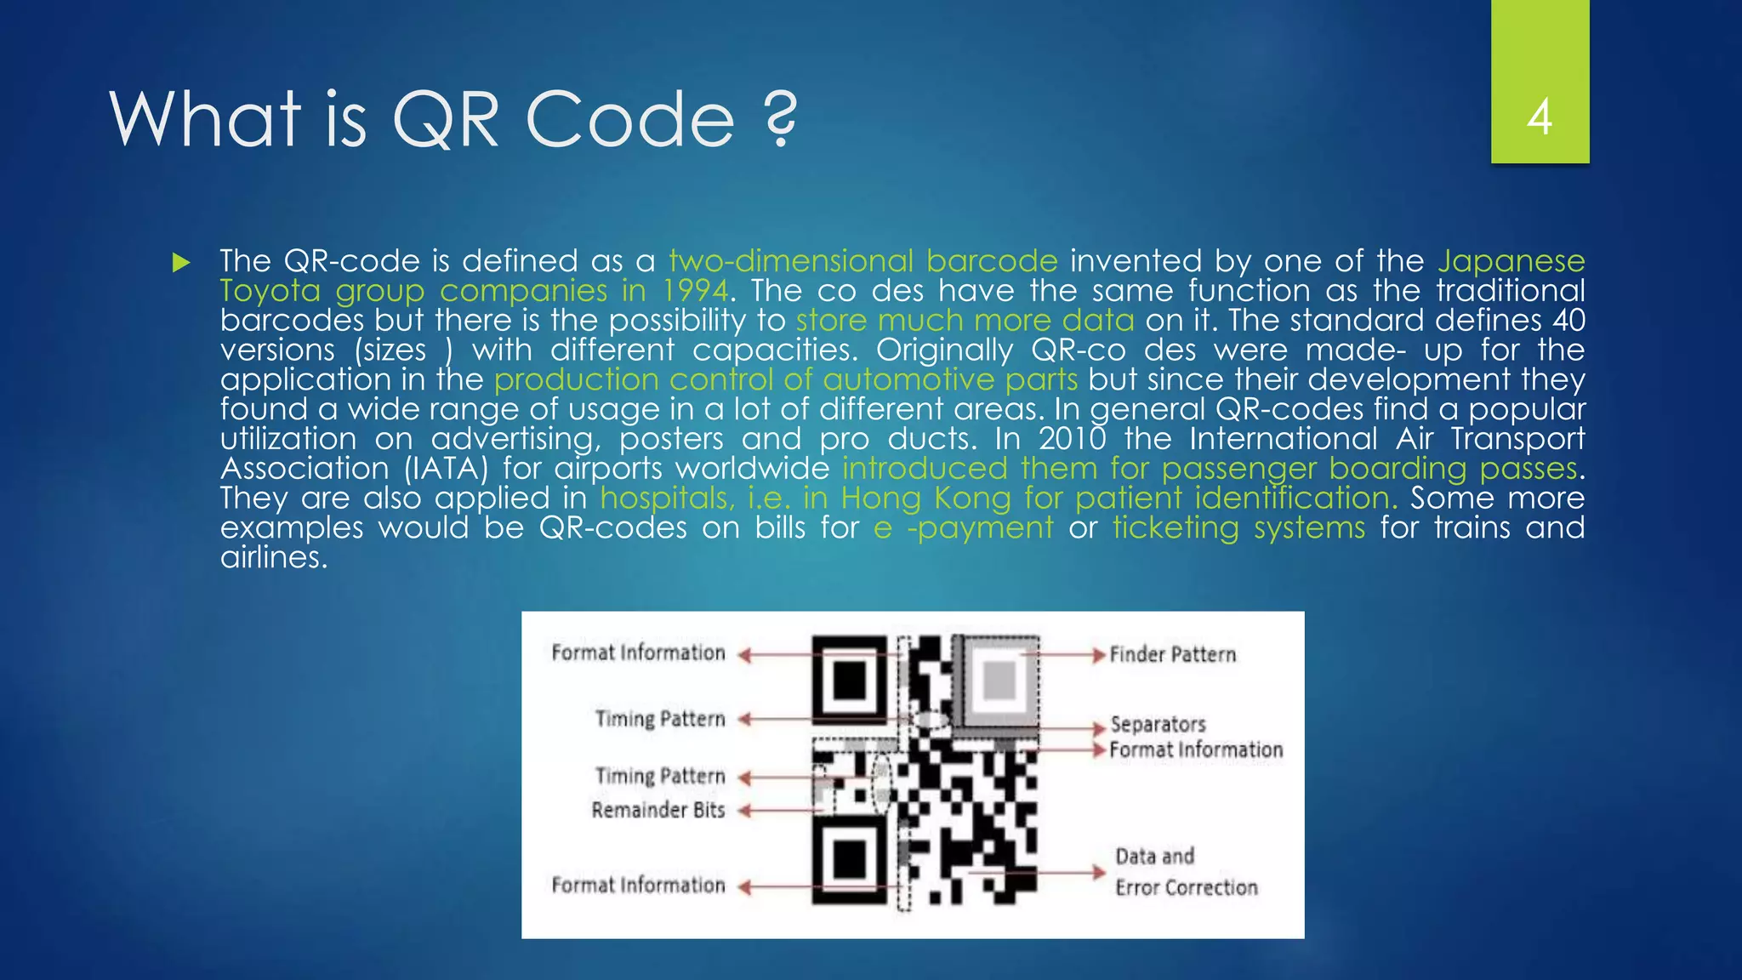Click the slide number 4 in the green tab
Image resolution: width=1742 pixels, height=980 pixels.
pyautogui.click(x=1540, y=117)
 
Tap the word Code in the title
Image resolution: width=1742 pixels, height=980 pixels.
pyautogui.click(x=629, y=119)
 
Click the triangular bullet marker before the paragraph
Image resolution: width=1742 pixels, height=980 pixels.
pyautogui.click(x=180, y=262)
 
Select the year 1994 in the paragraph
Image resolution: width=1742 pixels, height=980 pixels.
pyautogui.click(x=695, y=291)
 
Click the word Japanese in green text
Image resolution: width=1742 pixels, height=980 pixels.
pyautogui.click(x=1511, y=261)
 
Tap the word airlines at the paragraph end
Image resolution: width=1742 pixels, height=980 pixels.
pyautogui.click(x=273, y=557)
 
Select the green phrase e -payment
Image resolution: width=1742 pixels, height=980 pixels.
pyautogui.click(x=963, y=528)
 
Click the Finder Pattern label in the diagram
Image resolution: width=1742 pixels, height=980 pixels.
pyautogui.click(x=1172, y=654)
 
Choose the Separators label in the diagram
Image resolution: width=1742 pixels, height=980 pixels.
pyautogui.click(x=1158, y=725)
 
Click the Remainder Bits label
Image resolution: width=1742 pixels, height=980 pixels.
pyautogui.click(x=658, y=810)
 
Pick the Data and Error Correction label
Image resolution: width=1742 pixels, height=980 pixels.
pyautogui.click(x=1186, y=872)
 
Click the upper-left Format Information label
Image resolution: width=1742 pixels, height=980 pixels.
pyautogui.click(x=638, y=652)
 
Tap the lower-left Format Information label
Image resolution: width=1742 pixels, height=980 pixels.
pyautogui.click(x=638, y=885)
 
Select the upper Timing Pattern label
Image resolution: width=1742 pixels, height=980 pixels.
pyautogui.click(x=660, y=719)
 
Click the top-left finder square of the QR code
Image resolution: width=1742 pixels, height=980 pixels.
pyautogui.click(x=850, y=680)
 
